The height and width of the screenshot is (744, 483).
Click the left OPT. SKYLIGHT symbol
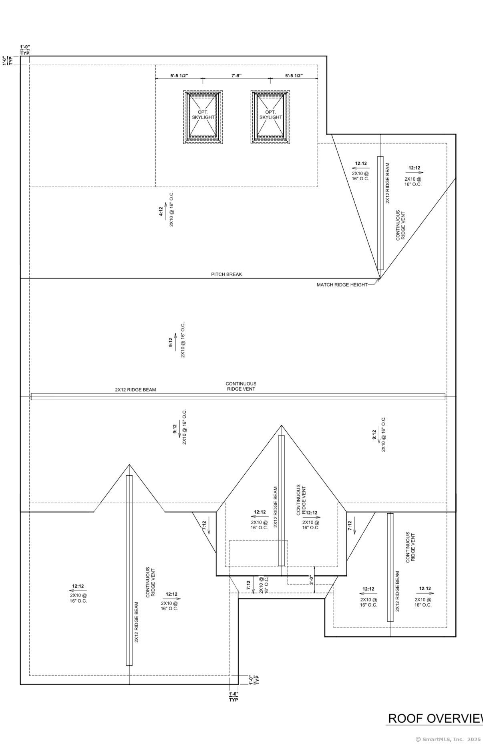(x=203, y=117)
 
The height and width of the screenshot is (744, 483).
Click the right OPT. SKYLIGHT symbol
(x=270, y=117)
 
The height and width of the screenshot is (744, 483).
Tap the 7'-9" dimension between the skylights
(x=236, y=76)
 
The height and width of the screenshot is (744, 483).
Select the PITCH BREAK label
(x=227, y=274)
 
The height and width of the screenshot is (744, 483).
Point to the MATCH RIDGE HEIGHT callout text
(x=342, y=285)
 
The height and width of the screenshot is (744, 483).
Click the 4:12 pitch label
(x=161, y=211)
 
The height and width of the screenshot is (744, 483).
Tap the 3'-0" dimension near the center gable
(x=311, y=580)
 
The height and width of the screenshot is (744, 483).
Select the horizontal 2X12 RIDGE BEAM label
(x=135, y=390)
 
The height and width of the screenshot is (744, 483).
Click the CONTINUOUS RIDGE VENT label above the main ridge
(x=241, y=386)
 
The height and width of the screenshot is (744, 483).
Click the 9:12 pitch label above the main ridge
(x=171, y=342)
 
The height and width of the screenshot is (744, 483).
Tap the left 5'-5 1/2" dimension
(x=179, y=76)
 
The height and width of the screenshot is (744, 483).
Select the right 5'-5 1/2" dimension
(x=294, y=76)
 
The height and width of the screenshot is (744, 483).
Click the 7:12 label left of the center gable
(x=204, y=526)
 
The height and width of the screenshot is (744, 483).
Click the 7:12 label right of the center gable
(x=350, y=526)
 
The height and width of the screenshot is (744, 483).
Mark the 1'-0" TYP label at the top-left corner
(x=25, y=50)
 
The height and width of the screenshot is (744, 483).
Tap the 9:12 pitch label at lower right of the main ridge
(x=374, y=435)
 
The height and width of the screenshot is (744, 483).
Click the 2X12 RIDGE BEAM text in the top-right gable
(x=388, y=183)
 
